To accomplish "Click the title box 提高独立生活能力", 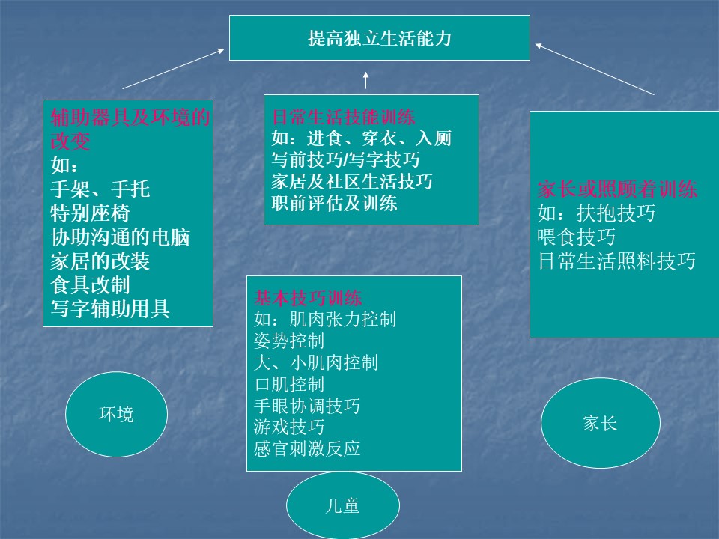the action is [379, 38].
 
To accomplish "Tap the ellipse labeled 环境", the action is [117, 414].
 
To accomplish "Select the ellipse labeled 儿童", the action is [343, 505].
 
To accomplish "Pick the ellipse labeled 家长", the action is [600, 423].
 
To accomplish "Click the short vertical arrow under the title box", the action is [365, 80].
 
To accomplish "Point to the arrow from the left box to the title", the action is [173, 69].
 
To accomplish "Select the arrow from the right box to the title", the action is [595, 69].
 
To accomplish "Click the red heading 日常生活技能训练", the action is [344, 117].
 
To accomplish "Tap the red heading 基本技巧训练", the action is [308, 299].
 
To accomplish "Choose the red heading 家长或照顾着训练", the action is [617, 189].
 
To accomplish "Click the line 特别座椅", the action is [91, 213].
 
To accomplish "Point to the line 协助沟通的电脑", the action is [120, 237].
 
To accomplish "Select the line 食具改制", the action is [91, 285].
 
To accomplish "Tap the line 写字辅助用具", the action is [110, 309].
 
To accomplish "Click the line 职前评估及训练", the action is [334, 203].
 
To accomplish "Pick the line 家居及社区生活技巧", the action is [352, 181].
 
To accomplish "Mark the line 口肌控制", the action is [289, 384].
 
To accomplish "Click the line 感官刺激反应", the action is [307, 448].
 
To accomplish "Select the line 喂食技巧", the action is [577, 237].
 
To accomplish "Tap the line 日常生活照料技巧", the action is [616, 261].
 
